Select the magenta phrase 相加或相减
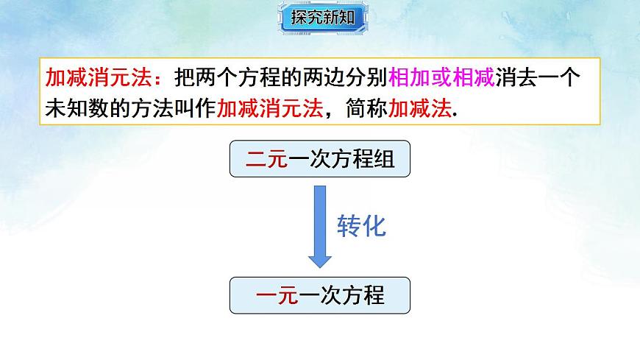[x=441, y=77]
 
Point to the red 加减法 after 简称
[x=422, y=109]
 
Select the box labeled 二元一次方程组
[x=319, y=160]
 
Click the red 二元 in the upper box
[x=266, y=160]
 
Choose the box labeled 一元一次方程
[x=319, y=295]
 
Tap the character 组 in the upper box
[x=385, y=160]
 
